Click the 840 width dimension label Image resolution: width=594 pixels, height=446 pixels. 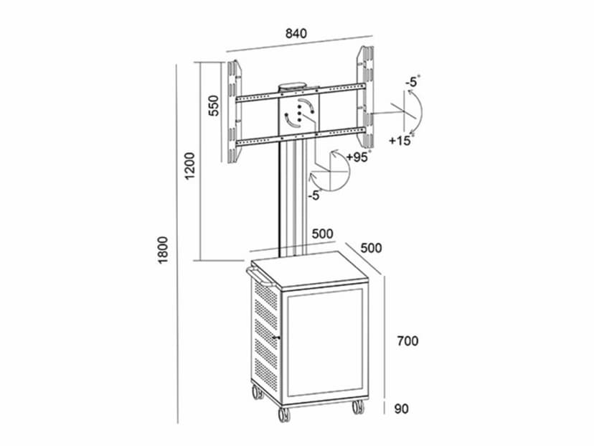[x=296, y=33]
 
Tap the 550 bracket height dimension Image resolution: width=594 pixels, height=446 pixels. [x=214, y=106]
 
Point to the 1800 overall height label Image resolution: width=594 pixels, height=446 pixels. [x=163, y=250]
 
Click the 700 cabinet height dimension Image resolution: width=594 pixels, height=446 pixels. [x=407, y=341]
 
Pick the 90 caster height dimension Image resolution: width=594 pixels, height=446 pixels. [x=402, y=409]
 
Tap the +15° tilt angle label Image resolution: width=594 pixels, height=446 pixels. [x=401, y=140]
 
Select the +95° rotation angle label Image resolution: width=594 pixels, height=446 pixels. [x=359, y=157]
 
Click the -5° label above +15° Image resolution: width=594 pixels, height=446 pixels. [x=412, y=82]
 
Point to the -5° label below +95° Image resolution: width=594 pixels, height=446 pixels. [x=316, y=195]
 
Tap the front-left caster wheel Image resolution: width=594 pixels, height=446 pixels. [x=284, y=414]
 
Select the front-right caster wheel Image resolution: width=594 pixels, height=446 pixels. [x=357, y=406]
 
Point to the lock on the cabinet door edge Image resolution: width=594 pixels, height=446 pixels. [x=277, y=337]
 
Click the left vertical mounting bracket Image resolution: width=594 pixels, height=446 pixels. [x=234, y=112]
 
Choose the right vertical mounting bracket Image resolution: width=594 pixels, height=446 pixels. [x=365, y=98]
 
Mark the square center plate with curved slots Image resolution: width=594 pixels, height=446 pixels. [x=299, y=113]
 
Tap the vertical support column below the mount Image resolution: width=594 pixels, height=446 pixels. [x=293, y=198]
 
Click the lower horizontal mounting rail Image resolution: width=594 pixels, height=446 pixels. [x=301, y=136]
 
